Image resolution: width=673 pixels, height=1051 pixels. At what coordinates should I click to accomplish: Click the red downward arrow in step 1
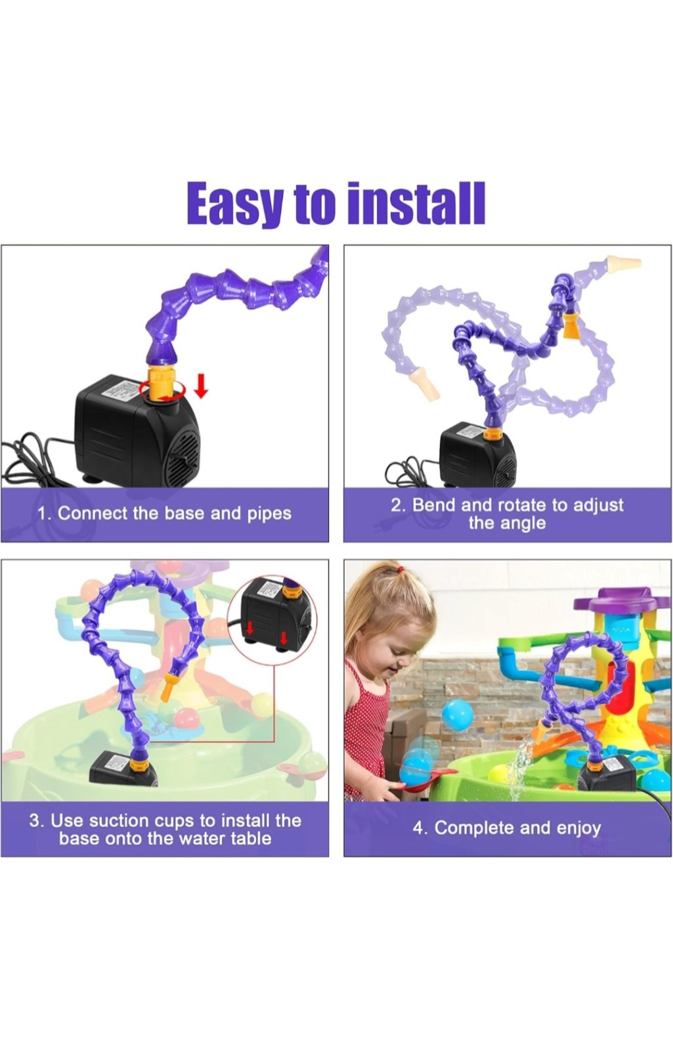[x=201, y=386]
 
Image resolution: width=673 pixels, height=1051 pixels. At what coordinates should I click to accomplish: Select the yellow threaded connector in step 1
[x=160, y=382]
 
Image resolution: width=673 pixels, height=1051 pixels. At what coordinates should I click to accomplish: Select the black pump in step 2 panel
[x=477, y=453]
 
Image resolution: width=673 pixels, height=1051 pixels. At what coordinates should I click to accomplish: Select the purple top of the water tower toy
[x=623, y=600]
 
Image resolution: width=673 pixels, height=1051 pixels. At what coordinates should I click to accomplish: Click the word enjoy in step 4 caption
[x=578, y=828]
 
